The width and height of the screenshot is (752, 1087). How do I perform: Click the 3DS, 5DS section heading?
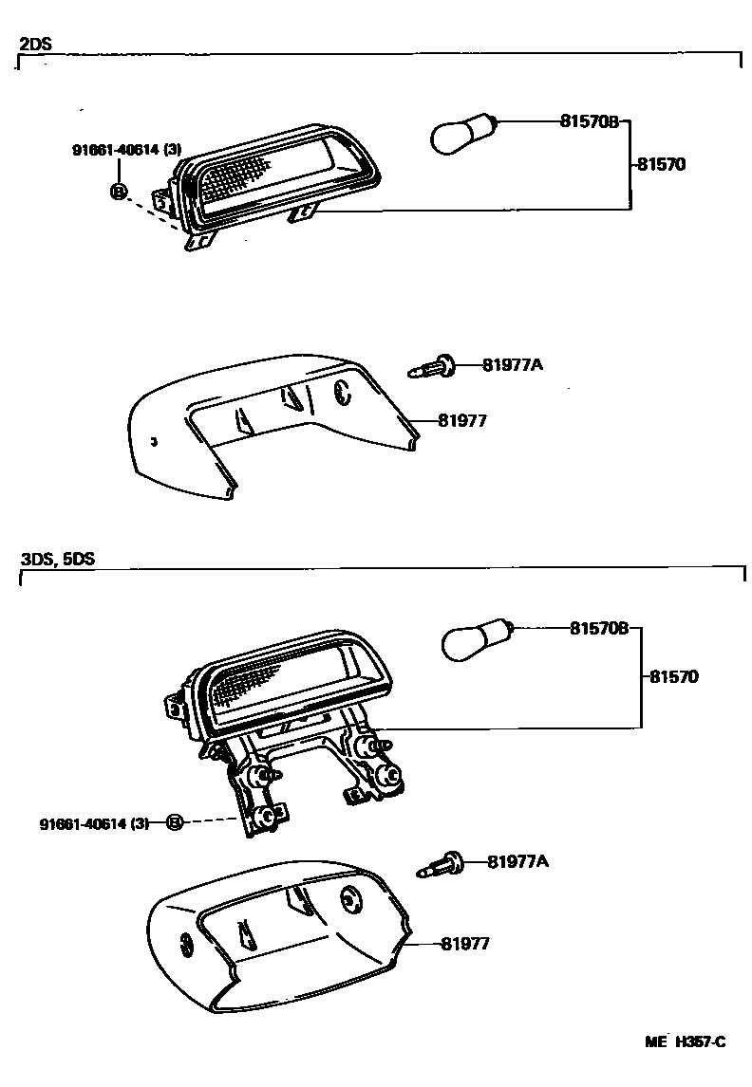click(58, 559)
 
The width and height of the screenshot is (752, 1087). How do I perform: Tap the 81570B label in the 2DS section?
click(589, 121)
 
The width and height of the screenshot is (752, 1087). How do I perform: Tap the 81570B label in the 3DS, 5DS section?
click(599, 628)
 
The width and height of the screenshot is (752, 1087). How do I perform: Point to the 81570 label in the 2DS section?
click(661, 164)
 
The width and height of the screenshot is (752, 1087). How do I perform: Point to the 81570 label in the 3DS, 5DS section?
click(674, 677)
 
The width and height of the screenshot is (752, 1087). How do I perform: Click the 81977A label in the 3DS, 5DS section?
click(517, 861)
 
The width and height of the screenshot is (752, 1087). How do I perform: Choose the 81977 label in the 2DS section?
click(462, 420)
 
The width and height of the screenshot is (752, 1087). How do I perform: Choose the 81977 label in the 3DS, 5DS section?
click(464, 944)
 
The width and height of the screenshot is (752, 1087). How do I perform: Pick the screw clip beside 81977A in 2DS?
click(433, 365)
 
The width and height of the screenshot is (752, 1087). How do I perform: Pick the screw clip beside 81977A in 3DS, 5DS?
click(440, 863)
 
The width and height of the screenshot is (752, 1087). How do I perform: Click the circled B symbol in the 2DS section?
click(119, 192)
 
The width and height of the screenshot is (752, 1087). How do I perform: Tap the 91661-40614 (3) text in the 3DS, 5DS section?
click(95, 823)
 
